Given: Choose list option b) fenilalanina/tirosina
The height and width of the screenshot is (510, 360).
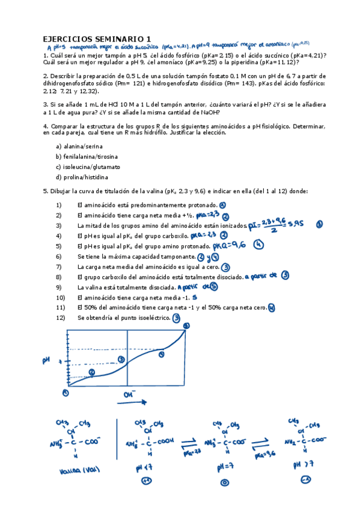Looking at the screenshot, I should (86, 156).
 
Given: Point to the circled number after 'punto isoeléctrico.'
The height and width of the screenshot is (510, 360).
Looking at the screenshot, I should (176, 318).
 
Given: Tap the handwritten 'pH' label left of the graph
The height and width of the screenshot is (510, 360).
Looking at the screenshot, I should (46, 360).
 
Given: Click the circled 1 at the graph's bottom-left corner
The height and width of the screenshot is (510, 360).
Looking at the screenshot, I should (66, 392).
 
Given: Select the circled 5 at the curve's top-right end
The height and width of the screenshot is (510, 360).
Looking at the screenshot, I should (186, 326).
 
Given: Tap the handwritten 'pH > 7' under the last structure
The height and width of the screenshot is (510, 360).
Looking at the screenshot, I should (303, 465).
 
